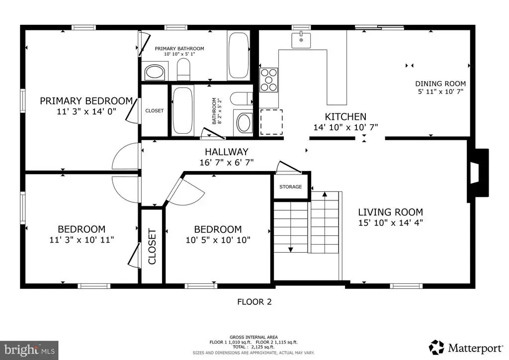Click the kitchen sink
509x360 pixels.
pyautogui.click(x=301, y=40)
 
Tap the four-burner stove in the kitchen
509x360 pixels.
pyautogui.click(x=269, y=80)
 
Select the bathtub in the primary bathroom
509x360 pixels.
pyautogui.click(x=239, y=55)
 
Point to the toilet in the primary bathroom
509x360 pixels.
pyautogui.click(x=183, y=70)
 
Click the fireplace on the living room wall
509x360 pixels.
pyautogui.click(x=478, y=173)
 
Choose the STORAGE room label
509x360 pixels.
pyautogui.click(x=290, y=186)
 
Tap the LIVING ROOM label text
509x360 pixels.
pyautogui.click(x=391, y=212)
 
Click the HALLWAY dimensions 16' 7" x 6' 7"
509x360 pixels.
pyautogui.click(x=227, y=162)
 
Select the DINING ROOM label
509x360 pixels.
pyautogui.click(x=440, y=84)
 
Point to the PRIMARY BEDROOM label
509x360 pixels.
pyautogui.click(x=86, y=100)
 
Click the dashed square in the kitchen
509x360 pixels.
pyautogui.click(x=271, y=122)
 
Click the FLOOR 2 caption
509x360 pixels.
pyautogui.click(x=254, y=302)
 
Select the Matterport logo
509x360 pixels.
pyautogui.click(x=466, y=348)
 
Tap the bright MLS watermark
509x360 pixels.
pyautogui.click(x=29, y=350)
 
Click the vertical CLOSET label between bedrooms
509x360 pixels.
pyautogui.click(x=152, y=247)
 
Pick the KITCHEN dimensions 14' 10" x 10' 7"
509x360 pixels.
pyautogui.click(x=346, y=127)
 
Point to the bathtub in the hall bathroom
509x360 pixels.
pyautogui.click(x=182, y=110)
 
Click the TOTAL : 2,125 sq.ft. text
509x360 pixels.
pyautogui.click(x=254, y=347)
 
